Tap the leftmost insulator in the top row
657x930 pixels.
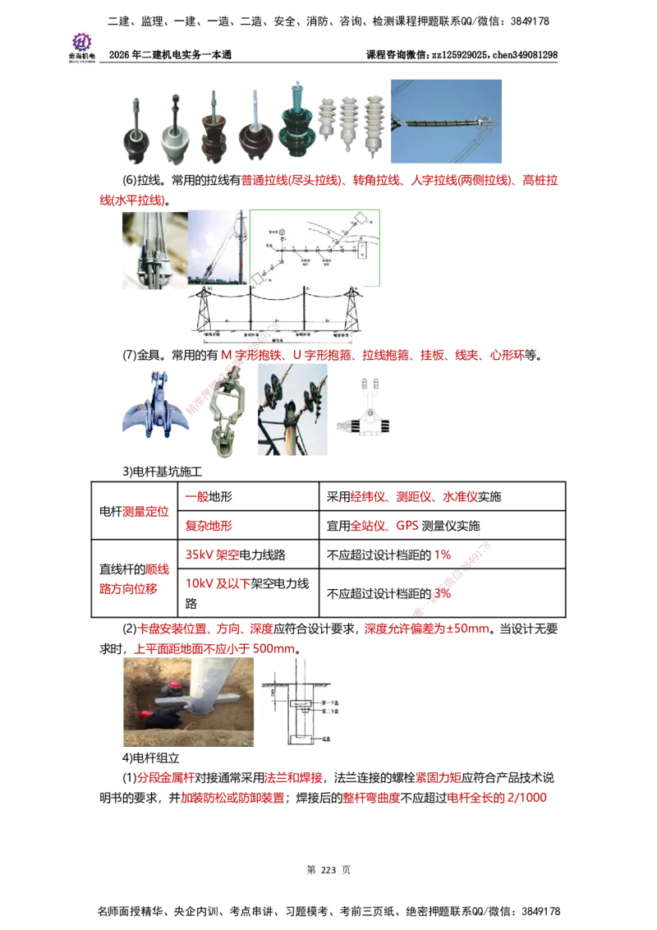[x=133, y=127]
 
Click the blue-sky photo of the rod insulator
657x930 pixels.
[x=446, y=121]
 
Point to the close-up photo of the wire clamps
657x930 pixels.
[x=152, y=250]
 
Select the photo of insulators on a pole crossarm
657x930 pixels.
[x=292, y=410]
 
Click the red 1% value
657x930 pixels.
[x=442, y=555]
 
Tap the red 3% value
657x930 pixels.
[x=443, y=592]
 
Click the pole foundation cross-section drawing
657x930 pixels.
[x=301, y=703]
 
